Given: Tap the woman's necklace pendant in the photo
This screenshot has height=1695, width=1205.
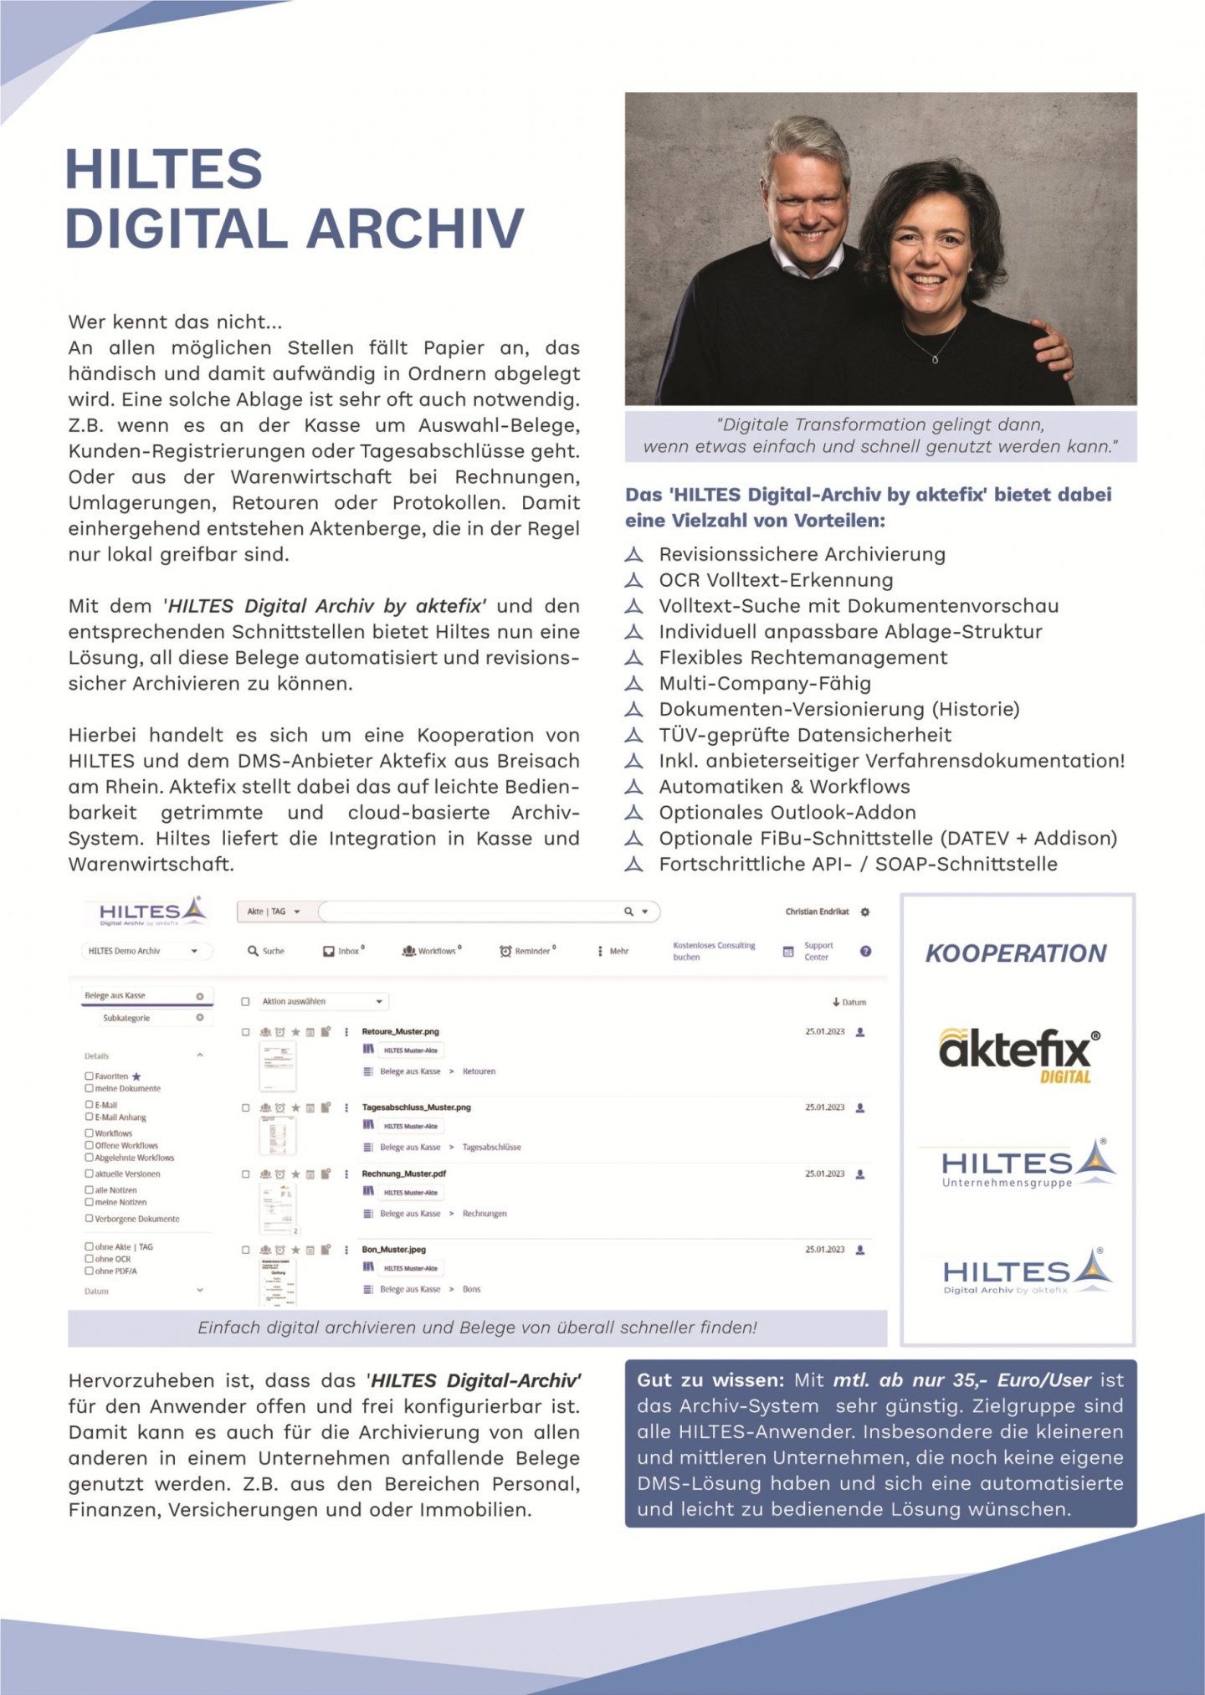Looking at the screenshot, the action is click(x=935, y=359).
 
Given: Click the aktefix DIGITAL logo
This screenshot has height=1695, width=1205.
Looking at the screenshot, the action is click(x=1018, y=1056).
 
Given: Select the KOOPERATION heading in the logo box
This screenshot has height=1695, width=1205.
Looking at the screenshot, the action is click(x=1016, y=953).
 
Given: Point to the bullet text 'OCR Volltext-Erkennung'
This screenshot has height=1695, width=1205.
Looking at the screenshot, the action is click(x=776, y=580).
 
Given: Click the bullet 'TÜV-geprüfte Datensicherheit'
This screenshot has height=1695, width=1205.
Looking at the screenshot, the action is click(x=805, y=735).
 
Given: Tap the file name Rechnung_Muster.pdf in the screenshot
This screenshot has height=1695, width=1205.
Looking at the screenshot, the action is click(x=403, y=1174).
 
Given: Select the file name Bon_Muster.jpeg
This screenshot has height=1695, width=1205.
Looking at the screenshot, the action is click(x=393, y=1249).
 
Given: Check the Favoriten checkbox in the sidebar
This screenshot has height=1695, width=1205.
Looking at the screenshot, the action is click(x=89, y=1076).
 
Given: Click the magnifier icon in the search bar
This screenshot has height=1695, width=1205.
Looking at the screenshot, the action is click(x=628, y=912).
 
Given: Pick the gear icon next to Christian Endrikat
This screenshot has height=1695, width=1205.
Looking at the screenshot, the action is click(x=865, y=912).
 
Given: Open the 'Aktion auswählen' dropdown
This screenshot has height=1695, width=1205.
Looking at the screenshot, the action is click(x=322, y=1001).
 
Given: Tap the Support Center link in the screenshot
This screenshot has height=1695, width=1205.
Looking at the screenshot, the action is click(x=818, y=951).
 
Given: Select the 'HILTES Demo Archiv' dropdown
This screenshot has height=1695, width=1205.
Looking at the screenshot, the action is click(x=142, y=951).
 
